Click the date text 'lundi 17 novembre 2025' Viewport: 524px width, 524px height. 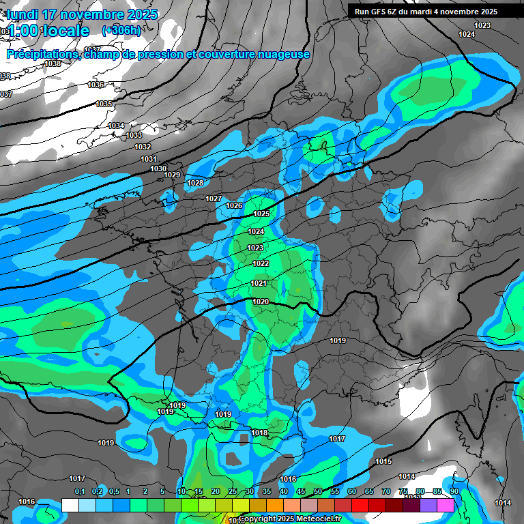click(x=83, y=14)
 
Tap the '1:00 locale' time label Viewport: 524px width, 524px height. click(x=50, y=31)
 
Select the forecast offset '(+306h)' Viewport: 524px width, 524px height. click(x=121, y=31)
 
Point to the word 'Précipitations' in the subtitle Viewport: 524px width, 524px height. click(x=42, y=55)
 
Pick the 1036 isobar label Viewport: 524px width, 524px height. click(x=96, y=85)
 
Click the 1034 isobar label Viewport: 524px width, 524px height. click(x=117, y=126)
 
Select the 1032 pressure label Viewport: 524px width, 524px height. click(x=143, y=147)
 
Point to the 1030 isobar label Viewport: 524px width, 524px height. click(x=158, y=169)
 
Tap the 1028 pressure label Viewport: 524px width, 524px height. click(x=195, y=183)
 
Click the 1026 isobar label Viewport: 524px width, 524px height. click(x=234, y=205)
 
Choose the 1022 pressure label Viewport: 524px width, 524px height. click(x=261, y=263)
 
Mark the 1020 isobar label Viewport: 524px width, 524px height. click(x=260, y=302)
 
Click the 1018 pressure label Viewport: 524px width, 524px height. click(x=259, y=433)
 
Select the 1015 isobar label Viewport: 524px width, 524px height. click(x=383, y=462)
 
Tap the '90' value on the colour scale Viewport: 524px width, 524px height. click(x=454, y=492)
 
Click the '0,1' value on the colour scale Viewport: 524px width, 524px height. click(x=80, y=492)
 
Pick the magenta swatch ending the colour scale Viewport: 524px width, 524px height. click(x=446, y=505)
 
